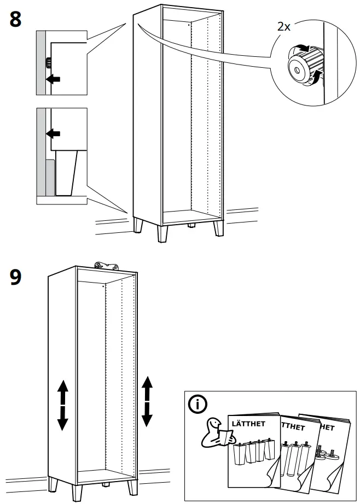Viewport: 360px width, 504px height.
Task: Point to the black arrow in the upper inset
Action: coord(53,79)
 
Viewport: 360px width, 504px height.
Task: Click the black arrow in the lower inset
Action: coord(53,133)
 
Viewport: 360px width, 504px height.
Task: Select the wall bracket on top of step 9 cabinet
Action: coord(107,266)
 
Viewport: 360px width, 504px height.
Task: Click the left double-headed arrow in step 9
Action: coord(62,405)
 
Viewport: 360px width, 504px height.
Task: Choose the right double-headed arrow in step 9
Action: coord(147,401)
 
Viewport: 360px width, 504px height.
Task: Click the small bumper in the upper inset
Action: coord(48,61)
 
